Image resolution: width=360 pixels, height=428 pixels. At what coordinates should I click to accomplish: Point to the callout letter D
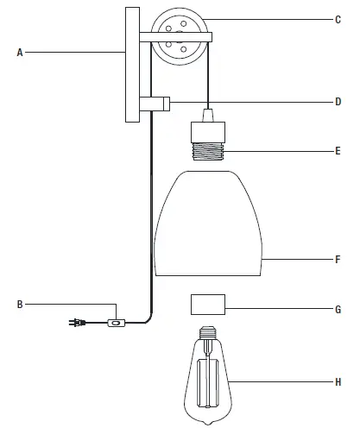tap(338, 102)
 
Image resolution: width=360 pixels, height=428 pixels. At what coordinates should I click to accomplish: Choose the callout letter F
tap(338, 258)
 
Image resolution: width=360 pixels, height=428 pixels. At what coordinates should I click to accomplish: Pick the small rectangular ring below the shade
tap(206, 305)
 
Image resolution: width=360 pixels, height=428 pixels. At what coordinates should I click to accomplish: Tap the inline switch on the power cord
tap(114, 324)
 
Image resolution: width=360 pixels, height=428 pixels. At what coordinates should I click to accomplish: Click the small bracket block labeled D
tap(158, 104)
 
